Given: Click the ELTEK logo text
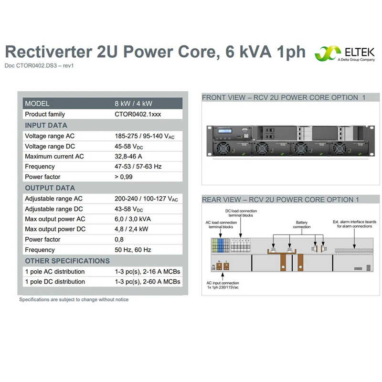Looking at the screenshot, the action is point(360,52).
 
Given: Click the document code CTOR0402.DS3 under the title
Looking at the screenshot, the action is point(36,65).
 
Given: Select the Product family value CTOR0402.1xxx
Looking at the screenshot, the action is point(138,114).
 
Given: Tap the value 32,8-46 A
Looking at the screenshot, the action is point(128,157).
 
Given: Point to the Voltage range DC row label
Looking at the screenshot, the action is point(50,147).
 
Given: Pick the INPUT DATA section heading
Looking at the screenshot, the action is point(46,126).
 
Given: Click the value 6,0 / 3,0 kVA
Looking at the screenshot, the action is point(133,219).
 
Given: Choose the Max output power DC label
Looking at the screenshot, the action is point(55,229).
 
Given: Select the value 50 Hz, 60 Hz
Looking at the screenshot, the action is point(133,250).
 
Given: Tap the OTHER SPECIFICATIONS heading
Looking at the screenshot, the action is point(67,261).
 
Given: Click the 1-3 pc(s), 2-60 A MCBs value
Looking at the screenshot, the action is point(148,282).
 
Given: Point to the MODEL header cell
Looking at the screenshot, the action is point(37,104).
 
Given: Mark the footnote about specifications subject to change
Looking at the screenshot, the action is point(74,299).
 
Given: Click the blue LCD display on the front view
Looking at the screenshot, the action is point(225,131).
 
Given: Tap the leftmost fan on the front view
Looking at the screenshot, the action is point(222,149).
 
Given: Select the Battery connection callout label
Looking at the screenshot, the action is point(302,224).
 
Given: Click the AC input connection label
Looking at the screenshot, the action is point(223,285).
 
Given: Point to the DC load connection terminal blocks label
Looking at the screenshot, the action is point(241,213).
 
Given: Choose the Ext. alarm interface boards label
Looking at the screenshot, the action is point(354,224).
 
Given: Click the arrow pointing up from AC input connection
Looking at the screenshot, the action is point(223,276).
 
